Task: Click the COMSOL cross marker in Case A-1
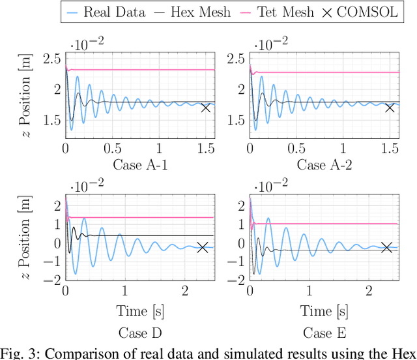206,108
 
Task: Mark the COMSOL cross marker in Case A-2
390,108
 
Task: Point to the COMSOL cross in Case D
203,248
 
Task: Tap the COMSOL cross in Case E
387,247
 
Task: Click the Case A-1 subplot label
140,164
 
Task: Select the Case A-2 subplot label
325,164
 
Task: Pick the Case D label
140,333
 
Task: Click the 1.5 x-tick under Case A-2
390,149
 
